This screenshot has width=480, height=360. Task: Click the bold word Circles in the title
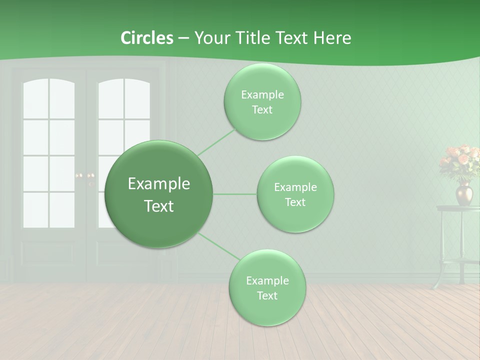(146, 38)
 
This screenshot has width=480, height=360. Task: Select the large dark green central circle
(158, 194)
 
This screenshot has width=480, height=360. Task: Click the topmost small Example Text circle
(262, 102)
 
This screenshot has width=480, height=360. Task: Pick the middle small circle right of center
(295, 194)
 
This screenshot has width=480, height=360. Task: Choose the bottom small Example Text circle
(267, 288)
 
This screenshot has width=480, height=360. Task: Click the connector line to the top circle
(216, 142)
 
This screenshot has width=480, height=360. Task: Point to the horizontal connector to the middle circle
(234, 194)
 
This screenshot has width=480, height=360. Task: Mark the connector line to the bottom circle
(219, 246)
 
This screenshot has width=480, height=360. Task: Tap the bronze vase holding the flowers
(463, 194)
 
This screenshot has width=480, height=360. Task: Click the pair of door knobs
(84, 176)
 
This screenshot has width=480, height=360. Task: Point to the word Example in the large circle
(159, 184)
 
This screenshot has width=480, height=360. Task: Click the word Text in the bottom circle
(267, 295)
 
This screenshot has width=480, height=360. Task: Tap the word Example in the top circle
(262, 95)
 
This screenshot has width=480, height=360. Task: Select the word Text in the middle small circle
(295, 202)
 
